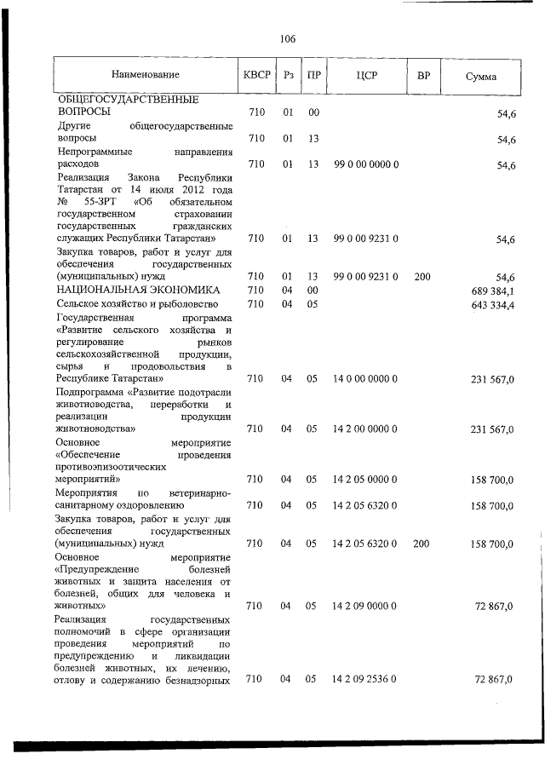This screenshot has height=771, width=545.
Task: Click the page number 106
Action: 287,39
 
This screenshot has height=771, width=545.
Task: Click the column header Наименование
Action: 145,76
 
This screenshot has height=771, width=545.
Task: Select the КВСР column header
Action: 256,75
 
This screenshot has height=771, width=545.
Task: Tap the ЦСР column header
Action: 367,76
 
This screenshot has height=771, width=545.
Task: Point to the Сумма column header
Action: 481,77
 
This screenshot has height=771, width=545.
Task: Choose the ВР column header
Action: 422,76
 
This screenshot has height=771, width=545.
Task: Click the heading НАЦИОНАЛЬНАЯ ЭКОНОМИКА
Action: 126,291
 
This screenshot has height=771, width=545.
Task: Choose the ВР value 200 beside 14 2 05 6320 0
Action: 422,543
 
